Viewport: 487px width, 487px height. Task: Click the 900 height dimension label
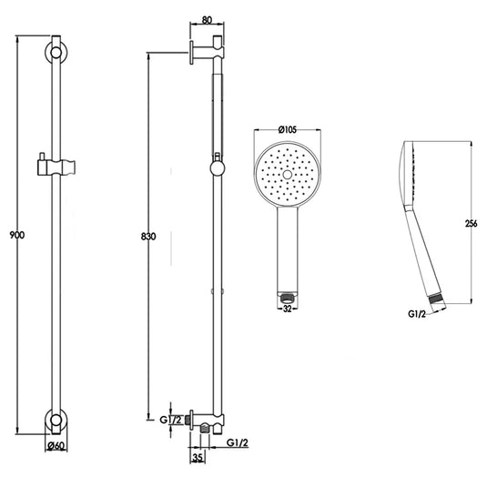(x=17, y=235)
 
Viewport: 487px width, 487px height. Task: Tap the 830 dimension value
(x=148, y=237)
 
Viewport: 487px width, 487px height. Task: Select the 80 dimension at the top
(x=207, y=20)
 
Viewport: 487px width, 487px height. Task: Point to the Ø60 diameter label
(x=56, y=446)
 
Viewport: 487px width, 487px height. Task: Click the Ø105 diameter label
(x=288, y=129)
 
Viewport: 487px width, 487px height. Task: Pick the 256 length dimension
(x=472, y=223)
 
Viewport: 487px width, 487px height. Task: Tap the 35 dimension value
(x=198, y=457)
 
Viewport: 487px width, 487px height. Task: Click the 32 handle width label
(x=288, y=309)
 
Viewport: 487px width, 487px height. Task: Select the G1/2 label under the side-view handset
(x=417, y=314)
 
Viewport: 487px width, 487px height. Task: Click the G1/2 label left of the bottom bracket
(x=170, y=420)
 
